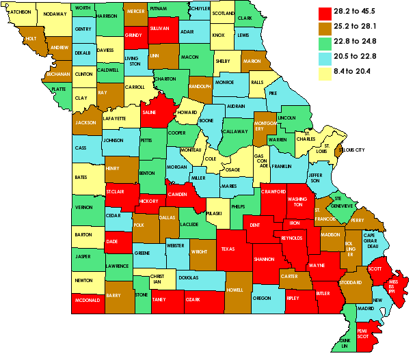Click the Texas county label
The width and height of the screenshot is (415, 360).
click(228, 249)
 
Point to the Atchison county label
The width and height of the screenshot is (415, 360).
click(21, 12)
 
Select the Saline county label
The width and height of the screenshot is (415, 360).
click(150, 113)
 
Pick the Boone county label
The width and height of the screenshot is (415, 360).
click(206, 121)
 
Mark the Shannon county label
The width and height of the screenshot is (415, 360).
click(263, 260)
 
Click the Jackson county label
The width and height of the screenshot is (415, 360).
click(85, 123)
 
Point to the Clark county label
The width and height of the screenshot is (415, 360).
click(245, 18)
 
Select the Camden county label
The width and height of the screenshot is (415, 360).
click(178, 195)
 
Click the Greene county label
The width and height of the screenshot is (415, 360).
click(142, 253)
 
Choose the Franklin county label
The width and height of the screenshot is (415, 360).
click(281, 167)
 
